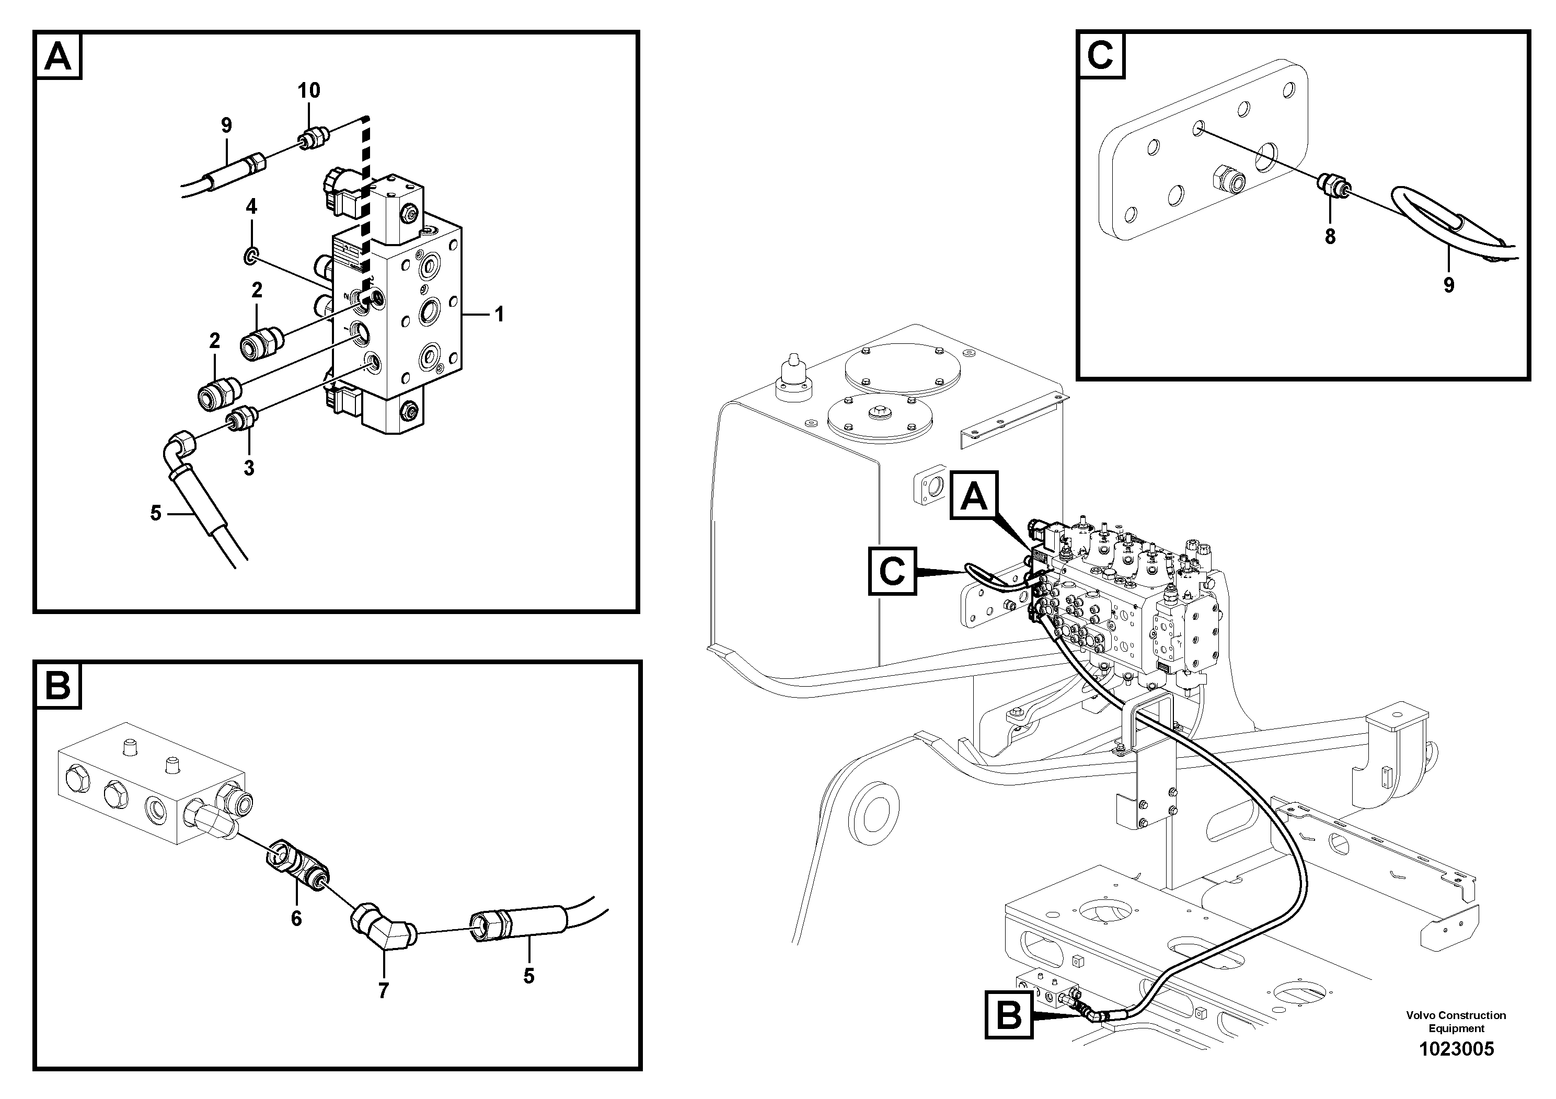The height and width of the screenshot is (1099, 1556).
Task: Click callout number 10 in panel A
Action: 308,90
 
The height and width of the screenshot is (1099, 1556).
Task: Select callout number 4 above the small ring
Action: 251,206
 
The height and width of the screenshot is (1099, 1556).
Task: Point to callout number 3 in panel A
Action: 249,468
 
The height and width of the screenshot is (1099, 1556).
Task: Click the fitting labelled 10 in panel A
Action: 313,138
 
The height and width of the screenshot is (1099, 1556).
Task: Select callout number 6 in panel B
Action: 296,919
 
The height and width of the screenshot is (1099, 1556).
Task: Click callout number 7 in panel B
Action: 384,991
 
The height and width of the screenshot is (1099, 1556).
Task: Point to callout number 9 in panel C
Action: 1448,285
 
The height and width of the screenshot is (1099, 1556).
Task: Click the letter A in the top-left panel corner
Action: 57,57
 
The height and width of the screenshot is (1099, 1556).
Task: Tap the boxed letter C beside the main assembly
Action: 892,571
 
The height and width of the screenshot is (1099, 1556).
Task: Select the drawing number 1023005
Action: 1456,1049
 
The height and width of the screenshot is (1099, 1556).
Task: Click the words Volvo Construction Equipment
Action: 1456,1022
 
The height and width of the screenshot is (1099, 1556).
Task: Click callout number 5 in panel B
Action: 528,976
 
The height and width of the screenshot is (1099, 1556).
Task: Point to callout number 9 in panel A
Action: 226,125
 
